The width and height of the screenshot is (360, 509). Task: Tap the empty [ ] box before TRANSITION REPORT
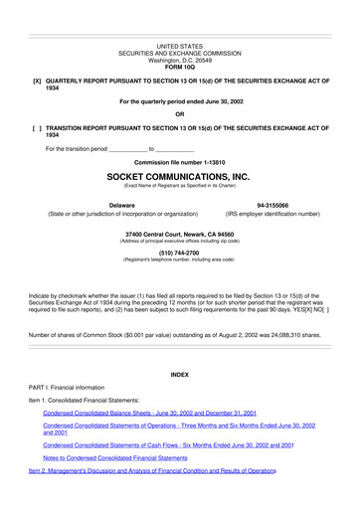pyautogui.click(x=37, y=128)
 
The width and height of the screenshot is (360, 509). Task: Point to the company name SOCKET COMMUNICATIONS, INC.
pyautogui.click(x=179, y=175)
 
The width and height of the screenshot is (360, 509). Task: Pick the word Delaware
pyautogui.click(x=122, y=205)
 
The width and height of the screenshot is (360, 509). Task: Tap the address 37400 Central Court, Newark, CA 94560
pyautogui.click(x=179, y=235)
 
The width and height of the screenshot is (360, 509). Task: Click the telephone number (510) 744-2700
pyautogui.click(x=179, y=253)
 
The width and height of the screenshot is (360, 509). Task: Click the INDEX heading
pyautogui.click(x=179, y=374)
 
